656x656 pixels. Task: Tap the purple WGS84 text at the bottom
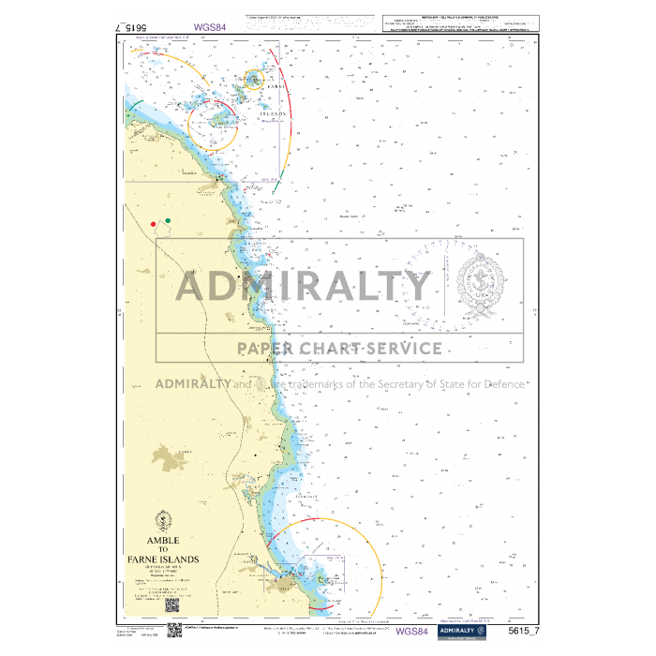pos(413,632)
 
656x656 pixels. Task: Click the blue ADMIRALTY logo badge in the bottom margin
pos(462,632)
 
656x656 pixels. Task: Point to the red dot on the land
pos(153,224)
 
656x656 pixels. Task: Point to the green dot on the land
pos(168,221)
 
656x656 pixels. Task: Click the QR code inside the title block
pos(173,606)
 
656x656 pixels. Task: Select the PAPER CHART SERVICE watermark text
pos(338,349)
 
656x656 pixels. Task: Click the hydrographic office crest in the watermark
pos(480,286)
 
